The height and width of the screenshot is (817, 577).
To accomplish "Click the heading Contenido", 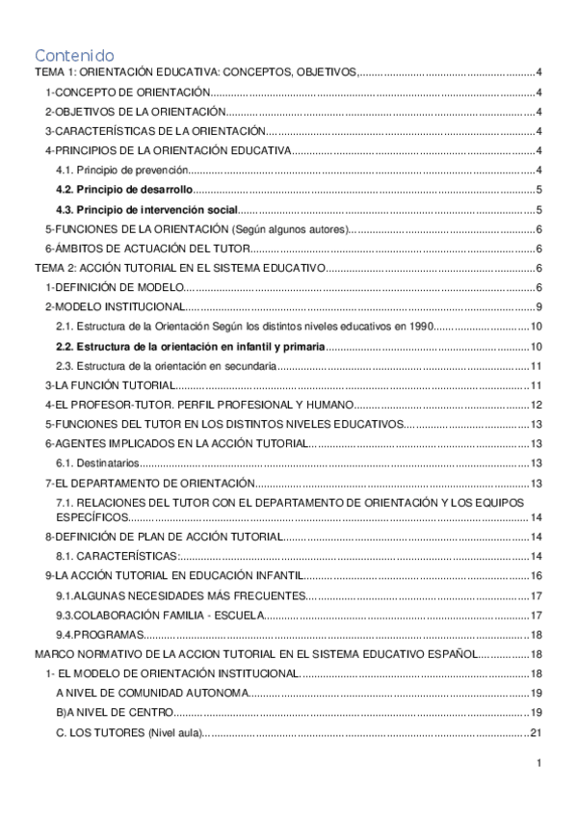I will tap(74, 55).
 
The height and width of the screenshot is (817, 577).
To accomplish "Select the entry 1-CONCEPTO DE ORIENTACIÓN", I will tap(128, 92).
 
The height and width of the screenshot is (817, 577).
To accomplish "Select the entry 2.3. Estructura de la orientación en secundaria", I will tap(169, 366).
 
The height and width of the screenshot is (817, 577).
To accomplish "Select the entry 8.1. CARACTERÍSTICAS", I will tap(117, 556).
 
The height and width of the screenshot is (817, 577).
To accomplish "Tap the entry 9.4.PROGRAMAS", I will tap(100, 634).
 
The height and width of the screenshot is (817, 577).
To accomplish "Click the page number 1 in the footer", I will tap(540, 764).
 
